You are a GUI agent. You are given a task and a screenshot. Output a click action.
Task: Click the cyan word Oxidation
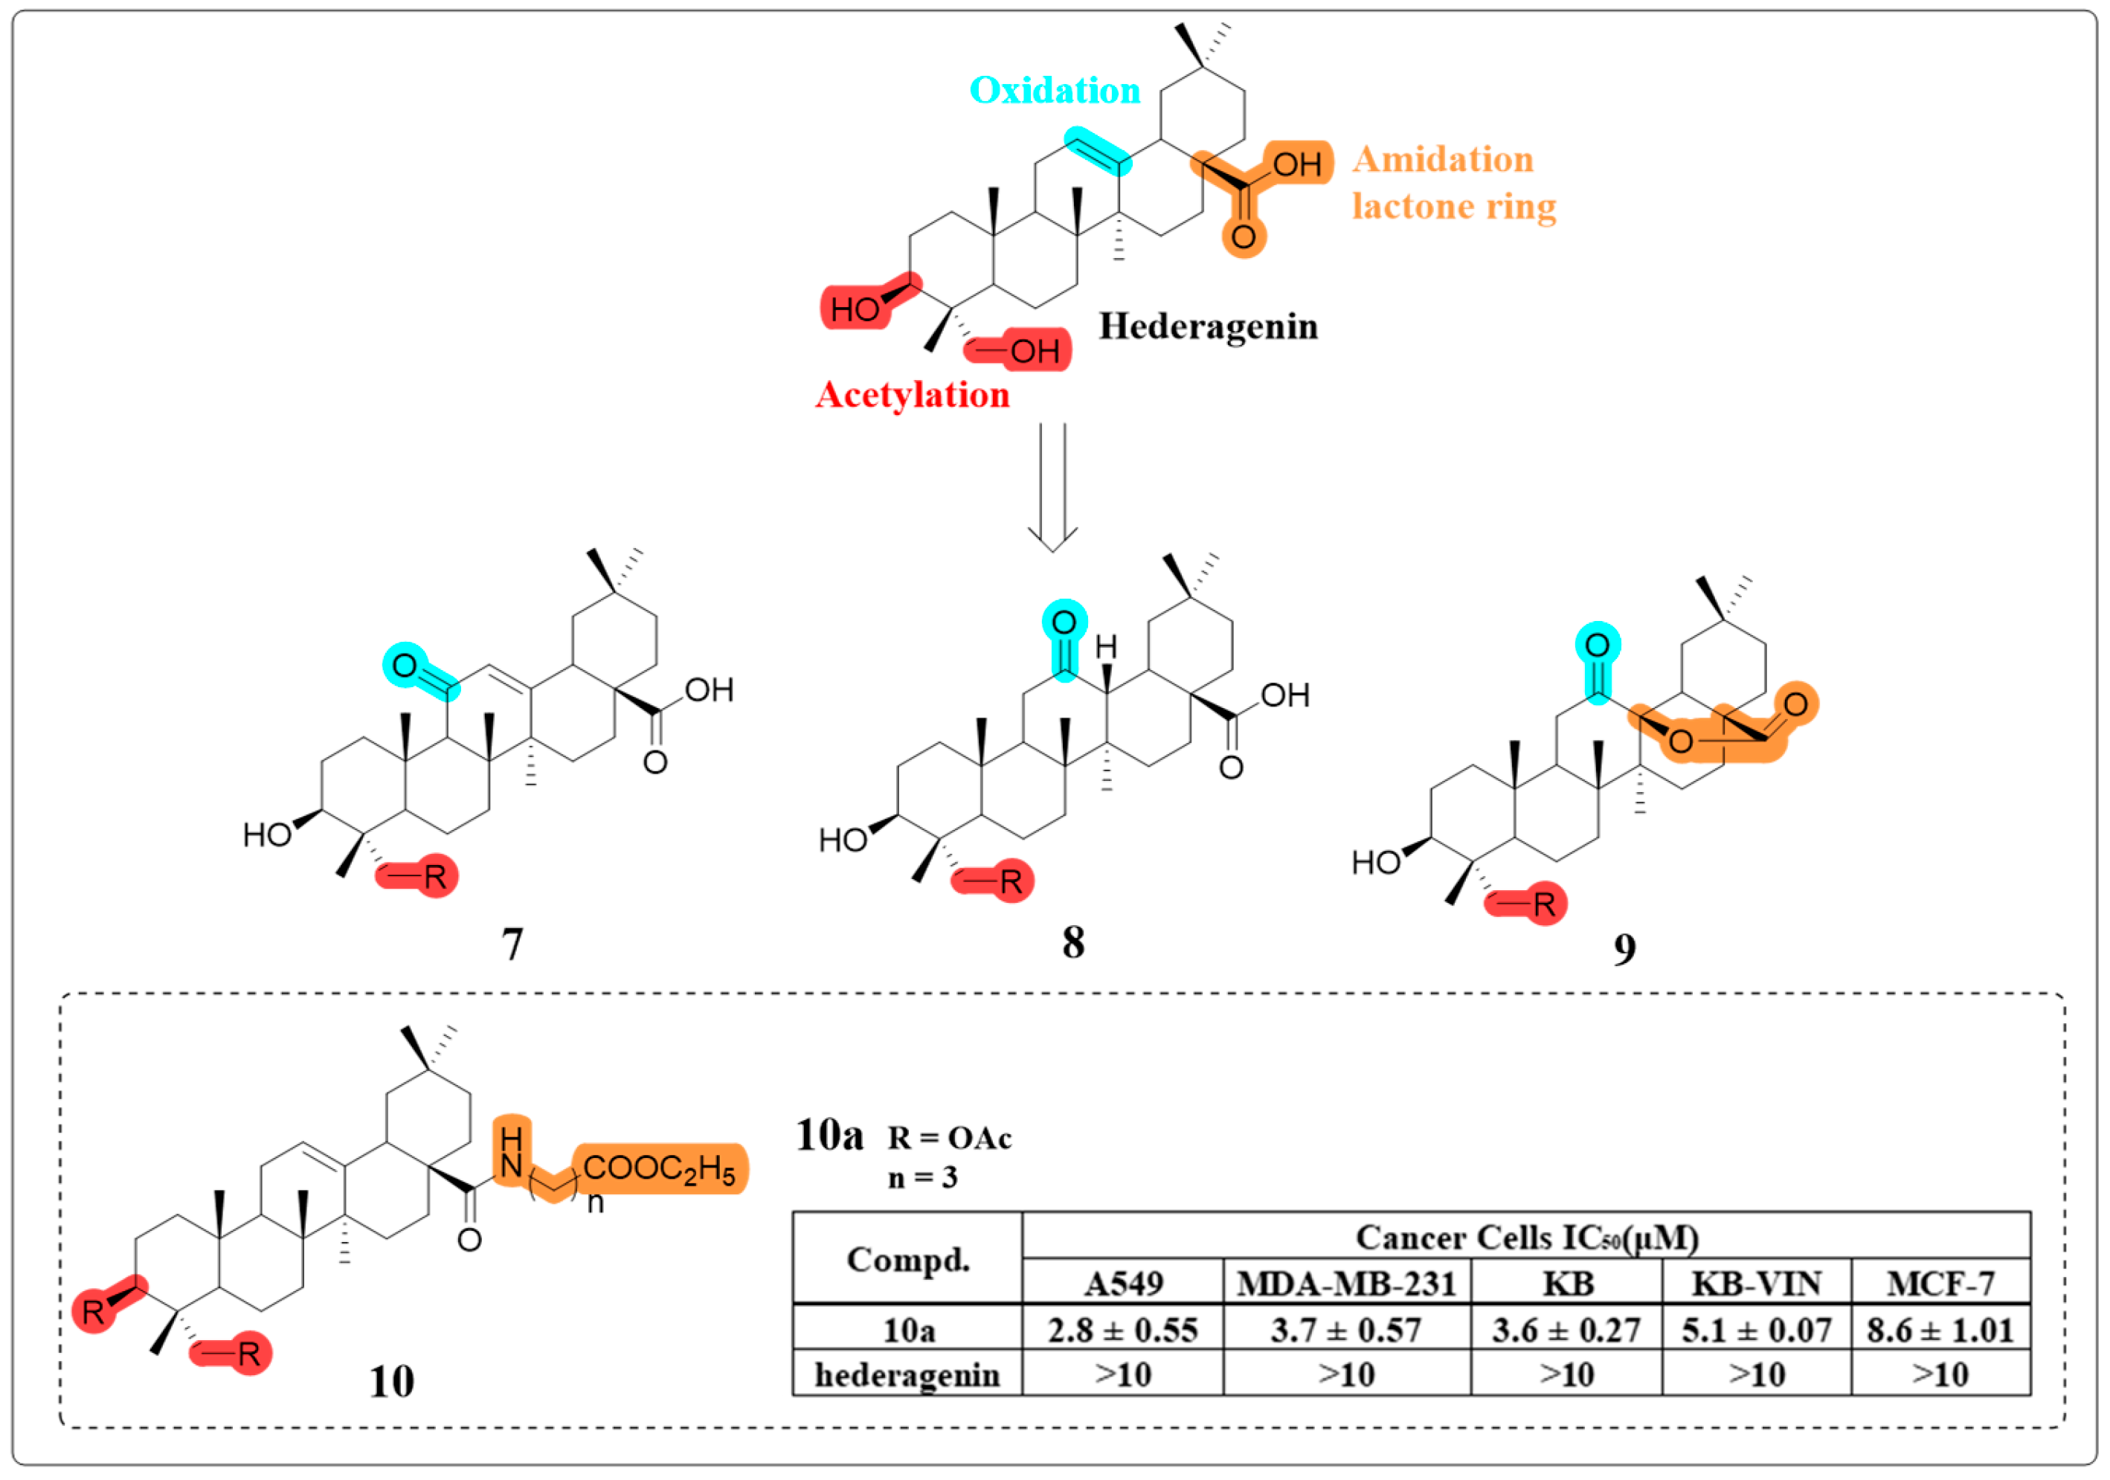(1054, 90)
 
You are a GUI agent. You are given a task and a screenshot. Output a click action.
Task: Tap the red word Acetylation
(912, 395)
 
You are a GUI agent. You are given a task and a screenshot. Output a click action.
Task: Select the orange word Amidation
(1443, 160)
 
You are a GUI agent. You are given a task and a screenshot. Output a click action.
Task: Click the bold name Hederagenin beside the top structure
(1208, 326)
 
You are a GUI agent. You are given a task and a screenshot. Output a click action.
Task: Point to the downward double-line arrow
(1052, 487)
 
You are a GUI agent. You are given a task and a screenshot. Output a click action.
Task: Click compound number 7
(512, 945)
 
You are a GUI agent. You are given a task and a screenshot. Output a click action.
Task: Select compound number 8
(1072, 942)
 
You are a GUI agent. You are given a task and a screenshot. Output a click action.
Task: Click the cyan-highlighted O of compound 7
(405, 666)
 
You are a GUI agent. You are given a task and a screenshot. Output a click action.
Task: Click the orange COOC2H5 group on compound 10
(659, 1169)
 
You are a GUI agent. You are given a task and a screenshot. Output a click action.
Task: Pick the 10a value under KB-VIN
(1755, 1329)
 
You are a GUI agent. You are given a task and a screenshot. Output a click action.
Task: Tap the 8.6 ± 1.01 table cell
(1939, 1329)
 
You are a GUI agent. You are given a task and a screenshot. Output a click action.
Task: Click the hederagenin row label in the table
(907, 1374)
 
